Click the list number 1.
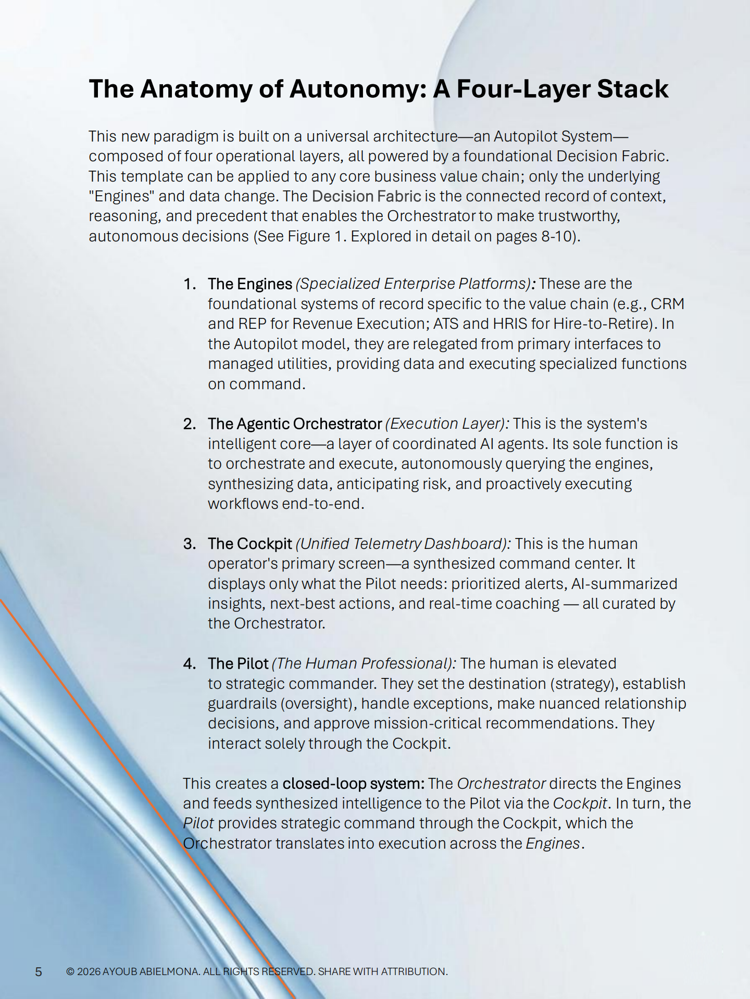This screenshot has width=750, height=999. (x=189, y=284)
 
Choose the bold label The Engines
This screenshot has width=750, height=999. (x=250, y=284)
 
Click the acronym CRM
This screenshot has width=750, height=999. (x=667, y=304)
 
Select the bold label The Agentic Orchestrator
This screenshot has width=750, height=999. (x=295, y=424)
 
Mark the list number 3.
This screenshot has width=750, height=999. (x=189, y=544)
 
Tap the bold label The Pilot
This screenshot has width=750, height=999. (x=238, y=664)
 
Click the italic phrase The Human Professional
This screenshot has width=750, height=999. (x=364, y=664)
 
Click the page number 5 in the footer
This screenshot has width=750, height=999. (x=39, y=971)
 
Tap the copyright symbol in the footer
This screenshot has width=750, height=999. (x=71, y=971)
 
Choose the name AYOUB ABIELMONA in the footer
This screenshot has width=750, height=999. (x=151, y=971)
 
